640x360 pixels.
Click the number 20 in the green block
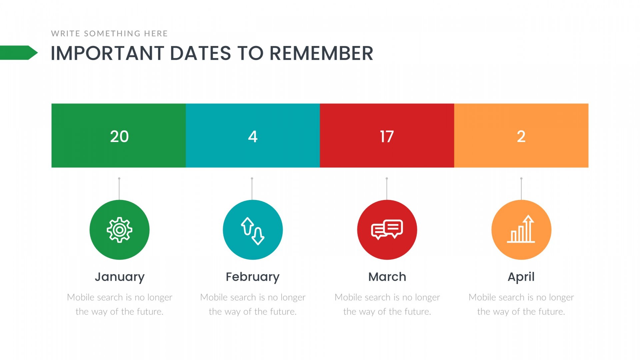[119, 136]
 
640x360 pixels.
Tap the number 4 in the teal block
[253, 136]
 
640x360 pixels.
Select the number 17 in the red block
[387, 136]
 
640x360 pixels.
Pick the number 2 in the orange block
[521, 136]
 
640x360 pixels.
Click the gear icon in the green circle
[119, 230]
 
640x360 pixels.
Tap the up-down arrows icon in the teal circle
[253, 231]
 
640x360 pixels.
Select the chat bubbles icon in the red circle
[387, 230]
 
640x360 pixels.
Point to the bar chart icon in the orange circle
[521, 229]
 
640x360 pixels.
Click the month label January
[120, 277]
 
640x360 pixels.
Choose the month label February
[253, 277]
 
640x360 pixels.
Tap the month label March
[387, 277]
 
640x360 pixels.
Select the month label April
[521, 277]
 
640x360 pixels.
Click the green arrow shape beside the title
[19, 53]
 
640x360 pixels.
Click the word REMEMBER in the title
[321, 53]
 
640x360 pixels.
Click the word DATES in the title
[201, 53]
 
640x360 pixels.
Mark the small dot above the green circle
[119, 178]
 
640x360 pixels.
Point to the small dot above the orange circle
[521, 178]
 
